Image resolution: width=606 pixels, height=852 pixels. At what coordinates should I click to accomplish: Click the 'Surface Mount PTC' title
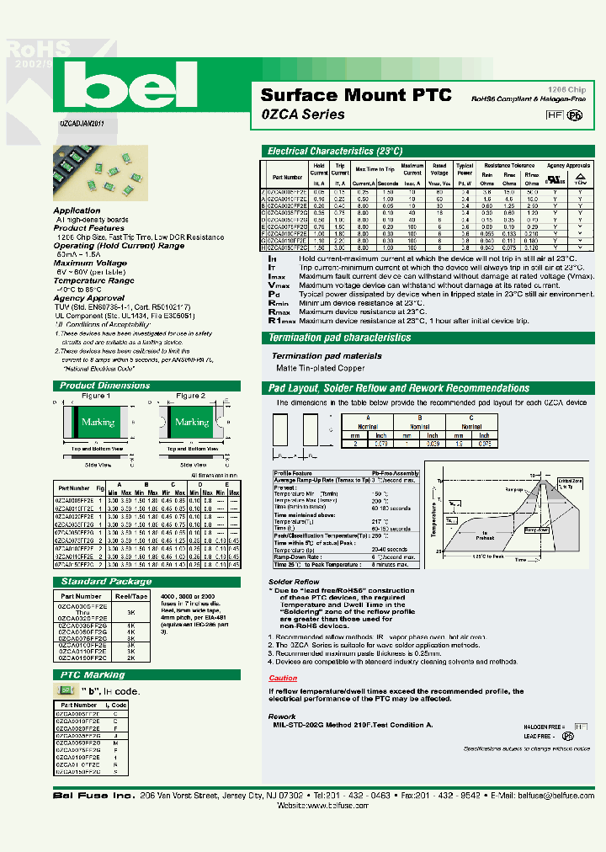355,95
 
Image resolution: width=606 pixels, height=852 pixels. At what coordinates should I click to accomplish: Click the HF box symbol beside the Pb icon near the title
553,116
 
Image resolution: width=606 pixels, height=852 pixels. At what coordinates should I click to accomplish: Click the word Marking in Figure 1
98,422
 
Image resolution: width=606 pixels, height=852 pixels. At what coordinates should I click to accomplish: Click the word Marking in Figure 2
191,422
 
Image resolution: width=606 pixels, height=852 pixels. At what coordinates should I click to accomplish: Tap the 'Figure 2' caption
190,396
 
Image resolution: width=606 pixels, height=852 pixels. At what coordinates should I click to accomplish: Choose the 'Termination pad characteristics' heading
339,338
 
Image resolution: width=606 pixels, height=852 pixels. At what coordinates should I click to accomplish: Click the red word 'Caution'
283,678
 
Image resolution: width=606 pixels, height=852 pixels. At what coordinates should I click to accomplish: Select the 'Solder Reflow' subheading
294,582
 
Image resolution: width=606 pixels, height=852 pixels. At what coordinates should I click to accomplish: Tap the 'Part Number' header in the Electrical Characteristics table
287,178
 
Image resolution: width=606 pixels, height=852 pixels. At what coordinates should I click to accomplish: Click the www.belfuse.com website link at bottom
313,806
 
